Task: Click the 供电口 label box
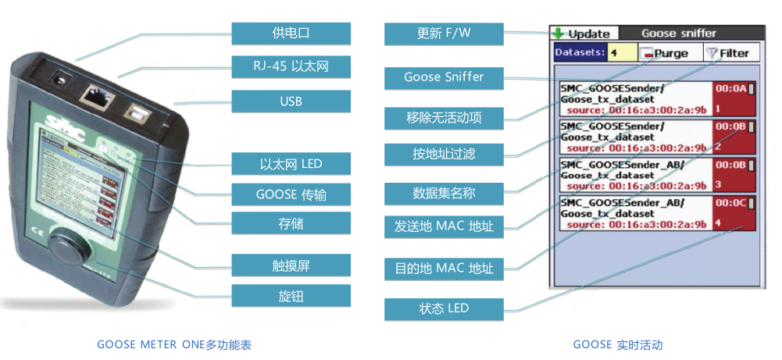(x=291, y=34)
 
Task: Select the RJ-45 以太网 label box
(x=291, y=67)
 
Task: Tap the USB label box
(x=291, y=102)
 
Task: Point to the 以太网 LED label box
(x=291, y=164)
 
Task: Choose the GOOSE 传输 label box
(x=291, y=194)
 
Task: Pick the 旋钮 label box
(x=291, y=295)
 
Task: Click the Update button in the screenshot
(x=583, y=34)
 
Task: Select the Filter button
(x=727, y=53)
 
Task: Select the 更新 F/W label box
(x=444, y=34)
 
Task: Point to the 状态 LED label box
(x=444, y=308)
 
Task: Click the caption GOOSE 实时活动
(x=617, y=344)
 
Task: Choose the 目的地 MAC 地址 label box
(x=444, y=269)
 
